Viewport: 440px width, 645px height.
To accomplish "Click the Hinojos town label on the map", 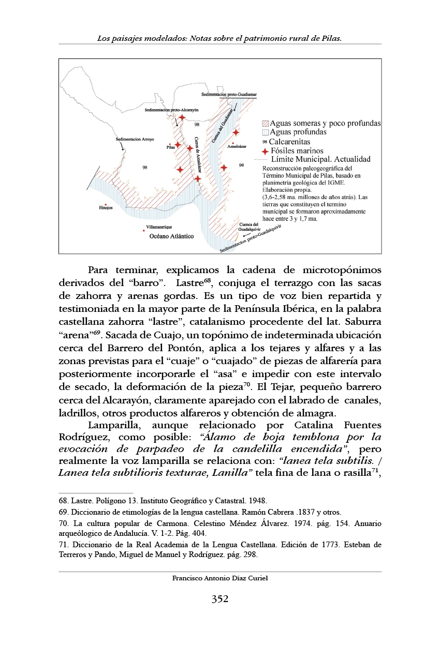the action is pos(106,207).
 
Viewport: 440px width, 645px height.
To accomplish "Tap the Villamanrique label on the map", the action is pos(159,227).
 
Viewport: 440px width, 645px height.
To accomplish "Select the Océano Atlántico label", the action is pos(171,236).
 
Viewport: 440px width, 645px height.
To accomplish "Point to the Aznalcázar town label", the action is pos(237,146).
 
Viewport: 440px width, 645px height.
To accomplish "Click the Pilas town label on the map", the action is pos(171,147).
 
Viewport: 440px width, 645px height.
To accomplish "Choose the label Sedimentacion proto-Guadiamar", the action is pos(229,95).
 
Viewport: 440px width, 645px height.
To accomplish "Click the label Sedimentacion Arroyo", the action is pos(135,139).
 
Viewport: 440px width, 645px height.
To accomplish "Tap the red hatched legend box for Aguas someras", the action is pos(265,124).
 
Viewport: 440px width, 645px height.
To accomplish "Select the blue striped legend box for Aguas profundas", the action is pos(265,132).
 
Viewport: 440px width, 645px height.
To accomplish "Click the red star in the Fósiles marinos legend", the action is pos(265,151).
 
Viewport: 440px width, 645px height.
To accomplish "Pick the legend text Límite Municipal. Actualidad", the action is pos(321,159).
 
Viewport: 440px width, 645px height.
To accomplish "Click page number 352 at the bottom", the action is pos(220,599).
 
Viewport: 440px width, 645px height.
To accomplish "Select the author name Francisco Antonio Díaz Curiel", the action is pos(220,578).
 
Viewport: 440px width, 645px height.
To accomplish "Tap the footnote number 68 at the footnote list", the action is pos(63,501).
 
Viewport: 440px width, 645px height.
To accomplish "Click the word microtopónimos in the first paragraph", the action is pos(342,271).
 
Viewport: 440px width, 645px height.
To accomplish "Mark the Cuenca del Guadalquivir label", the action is pos(249,227).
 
